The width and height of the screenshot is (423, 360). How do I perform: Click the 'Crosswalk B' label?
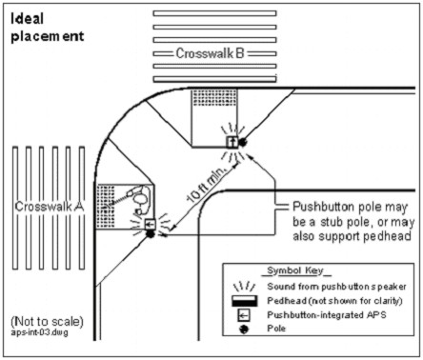[211, 54]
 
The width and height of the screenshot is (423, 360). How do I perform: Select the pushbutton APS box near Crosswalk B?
[230, 140]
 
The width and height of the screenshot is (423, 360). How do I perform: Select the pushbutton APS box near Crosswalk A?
[150, 226]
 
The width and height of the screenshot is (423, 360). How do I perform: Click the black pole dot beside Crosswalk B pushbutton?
[242, 142]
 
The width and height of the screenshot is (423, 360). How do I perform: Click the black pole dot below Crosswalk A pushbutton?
[150, 235]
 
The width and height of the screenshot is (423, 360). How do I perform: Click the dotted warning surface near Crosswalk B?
[209, 97]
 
